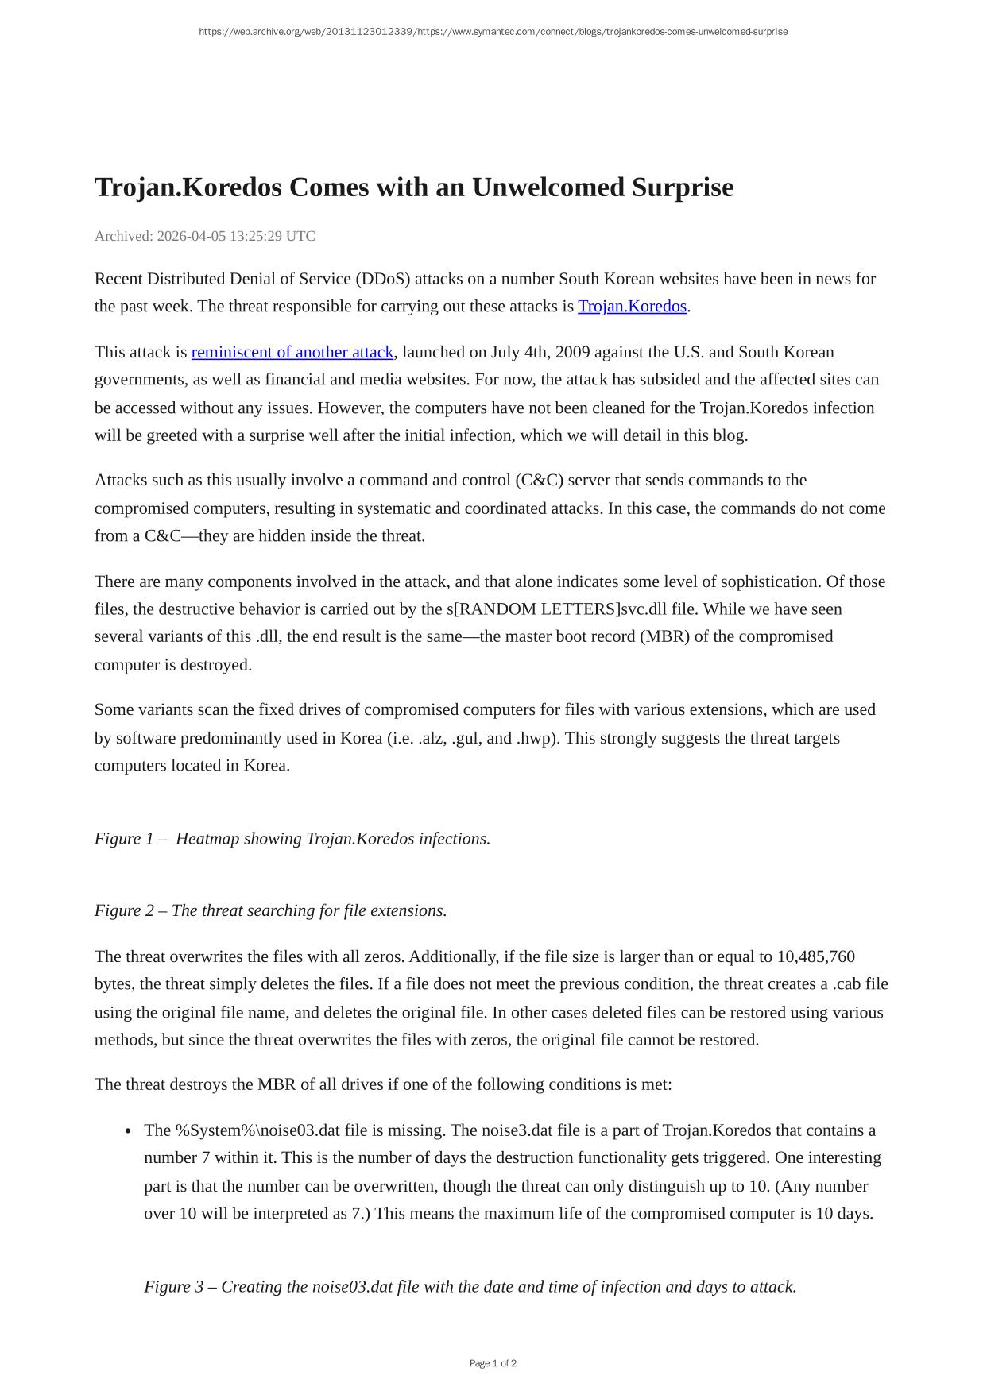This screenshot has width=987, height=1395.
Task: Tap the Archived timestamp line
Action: [204, 236]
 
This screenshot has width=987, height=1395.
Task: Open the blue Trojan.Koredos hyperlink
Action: [632, 307]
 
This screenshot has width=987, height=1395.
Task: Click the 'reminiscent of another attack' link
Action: [292, 352]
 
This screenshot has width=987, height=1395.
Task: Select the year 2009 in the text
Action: [572, 352]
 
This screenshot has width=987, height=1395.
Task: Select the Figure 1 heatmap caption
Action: [292, 839]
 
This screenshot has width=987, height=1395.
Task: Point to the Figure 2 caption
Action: [270, 910]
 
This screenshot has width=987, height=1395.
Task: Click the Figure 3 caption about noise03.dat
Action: [470, 1287]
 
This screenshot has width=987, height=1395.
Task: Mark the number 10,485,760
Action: [815, 956]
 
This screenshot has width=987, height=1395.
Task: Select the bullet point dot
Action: [128, 1132]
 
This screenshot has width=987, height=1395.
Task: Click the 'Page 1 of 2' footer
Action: [493, 1363]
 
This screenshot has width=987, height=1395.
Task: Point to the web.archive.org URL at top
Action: [493, 32]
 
